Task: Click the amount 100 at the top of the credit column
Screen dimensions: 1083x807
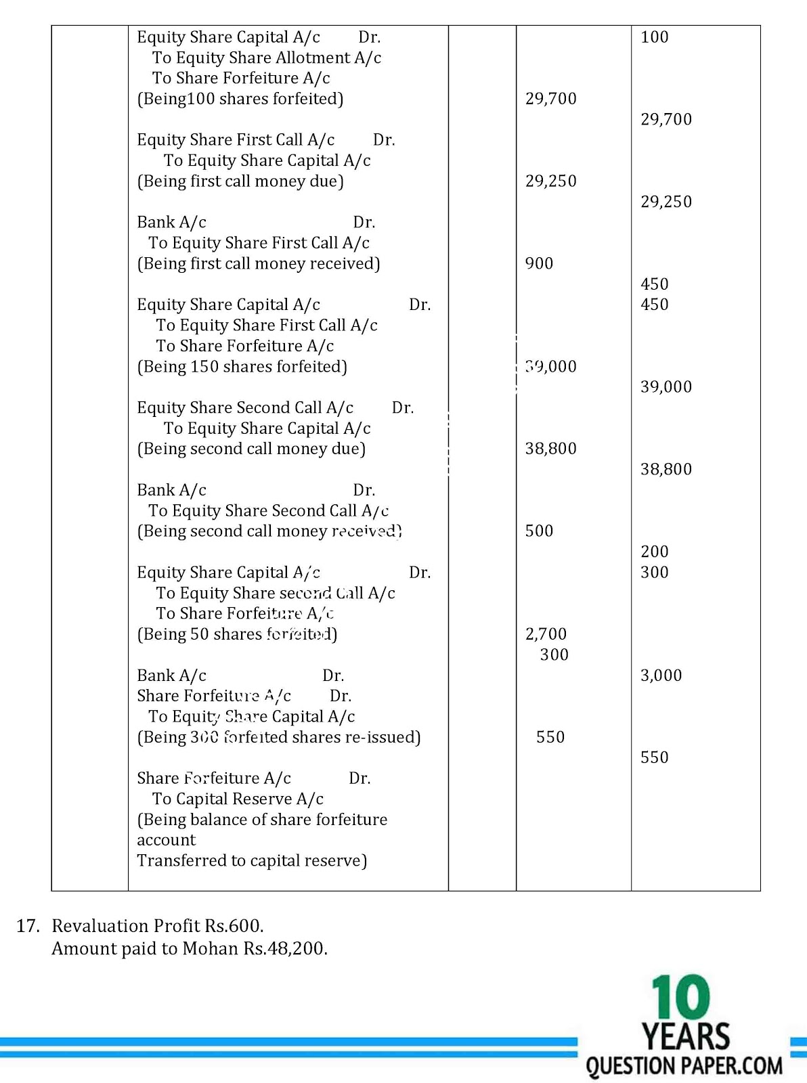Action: point(654,37)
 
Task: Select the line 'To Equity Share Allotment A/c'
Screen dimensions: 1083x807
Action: point(266,58)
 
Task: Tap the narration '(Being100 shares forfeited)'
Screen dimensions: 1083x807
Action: point(240,100)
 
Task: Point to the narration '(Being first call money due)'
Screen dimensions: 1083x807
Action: point(240,181)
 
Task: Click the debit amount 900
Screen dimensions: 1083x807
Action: point(539,264)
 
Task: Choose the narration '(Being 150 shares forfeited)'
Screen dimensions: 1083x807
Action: point(242,367)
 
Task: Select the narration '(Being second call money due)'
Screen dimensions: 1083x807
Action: point(251,449)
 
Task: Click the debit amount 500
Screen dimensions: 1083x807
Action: point(539,531)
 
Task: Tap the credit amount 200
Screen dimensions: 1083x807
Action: point(654,552)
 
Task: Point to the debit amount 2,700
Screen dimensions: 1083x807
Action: point(546,634)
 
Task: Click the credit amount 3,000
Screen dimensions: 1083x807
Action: point(661,676)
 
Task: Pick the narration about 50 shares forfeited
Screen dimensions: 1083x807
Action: point(237,634)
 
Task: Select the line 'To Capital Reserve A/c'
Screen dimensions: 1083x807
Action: point(238,799)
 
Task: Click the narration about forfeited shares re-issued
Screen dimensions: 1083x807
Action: point(279,737)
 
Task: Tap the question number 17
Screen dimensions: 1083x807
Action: point(28,926)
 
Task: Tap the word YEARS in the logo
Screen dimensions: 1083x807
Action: point(686,1037)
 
